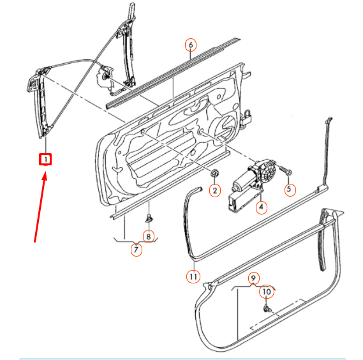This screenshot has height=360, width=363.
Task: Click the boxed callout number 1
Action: pyautogui.click(x=45, y=159)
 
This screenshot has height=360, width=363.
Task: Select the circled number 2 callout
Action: pyautogui.click(x=215, y=190)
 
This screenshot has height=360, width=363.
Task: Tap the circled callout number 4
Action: pyautogui.click(x=261, y=206)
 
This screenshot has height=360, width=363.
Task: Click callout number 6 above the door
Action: pyautogui.click(x=190, y=45)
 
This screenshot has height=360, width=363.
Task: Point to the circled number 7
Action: pyautogui.click(x=137, y=250)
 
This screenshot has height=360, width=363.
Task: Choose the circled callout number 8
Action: pyautogui.click(x=149, y=236)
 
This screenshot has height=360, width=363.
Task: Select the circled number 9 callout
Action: pyautogui.click(x=253, y=278)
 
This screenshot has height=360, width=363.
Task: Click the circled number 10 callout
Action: pyautogui.click(x=267, y=292)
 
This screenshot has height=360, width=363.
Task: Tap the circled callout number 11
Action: pyautogui.click(x=193, y=276)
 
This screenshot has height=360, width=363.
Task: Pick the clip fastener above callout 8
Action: pyautogui.click(x=148, y=219)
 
